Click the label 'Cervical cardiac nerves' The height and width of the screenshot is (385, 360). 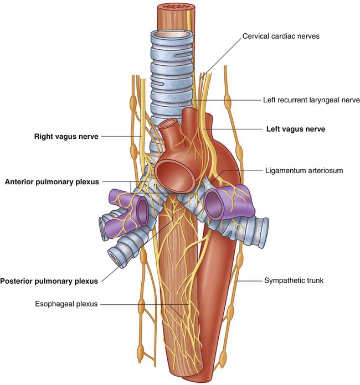[281, 36]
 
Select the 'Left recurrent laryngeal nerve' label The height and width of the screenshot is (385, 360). [311, 100]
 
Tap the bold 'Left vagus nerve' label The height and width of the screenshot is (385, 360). [296, 129]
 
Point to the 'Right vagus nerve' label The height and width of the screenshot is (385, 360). [66, 137]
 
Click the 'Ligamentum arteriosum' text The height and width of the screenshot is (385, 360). [304, 170]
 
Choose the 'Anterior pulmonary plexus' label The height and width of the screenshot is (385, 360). [52, 182]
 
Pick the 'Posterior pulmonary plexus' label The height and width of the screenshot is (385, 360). [49, 281]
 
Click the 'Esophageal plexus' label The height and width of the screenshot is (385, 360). [66, 304]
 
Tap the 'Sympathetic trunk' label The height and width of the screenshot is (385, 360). [294, 280]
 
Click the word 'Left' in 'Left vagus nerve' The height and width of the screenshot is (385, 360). [272, 129]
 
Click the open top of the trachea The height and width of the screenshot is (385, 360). [172, 34]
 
